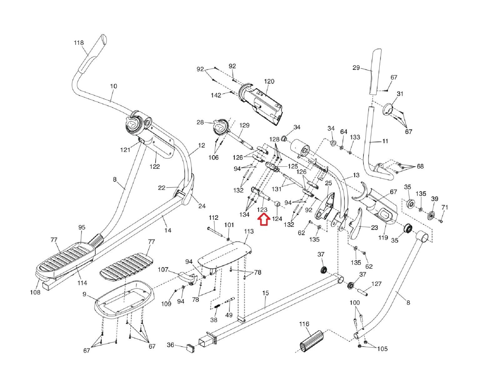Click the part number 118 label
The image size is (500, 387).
[x=79, y=43]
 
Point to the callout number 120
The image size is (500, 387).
[x=269, y=81]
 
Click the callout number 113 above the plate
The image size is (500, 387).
[x=249, y=231]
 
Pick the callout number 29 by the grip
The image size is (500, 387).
[x=356, y=68]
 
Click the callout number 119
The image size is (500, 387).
[x=383, y=237]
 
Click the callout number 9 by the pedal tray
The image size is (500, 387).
[x=84, y=294]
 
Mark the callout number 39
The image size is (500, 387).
[x=434, y=199]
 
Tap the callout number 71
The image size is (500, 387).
[x=445, y=207]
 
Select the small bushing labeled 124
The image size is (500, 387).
[x=277, y=204]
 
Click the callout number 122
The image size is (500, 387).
[x=154, y=167]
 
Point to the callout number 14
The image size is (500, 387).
[x=168, y=230]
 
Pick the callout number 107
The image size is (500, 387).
[x=163, y=269]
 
